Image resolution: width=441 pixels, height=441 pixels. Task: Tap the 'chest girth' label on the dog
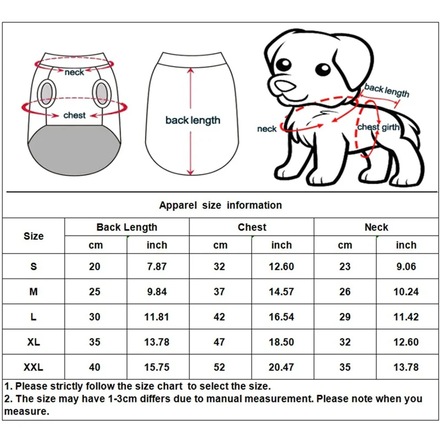tap(377, 127)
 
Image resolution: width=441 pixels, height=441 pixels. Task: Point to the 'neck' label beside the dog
tap(267, 129)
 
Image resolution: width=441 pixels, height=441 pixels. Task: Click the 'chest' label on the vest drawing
tap(74, 115)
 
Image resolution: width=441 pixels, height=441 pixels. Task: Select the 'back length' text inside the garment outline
tap(192, 120)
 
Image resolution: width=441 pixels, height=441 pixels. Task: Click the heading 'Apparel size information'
tap(220, 205)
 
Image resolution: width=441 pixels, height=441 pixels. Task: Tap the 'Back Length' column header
tap(127, 227)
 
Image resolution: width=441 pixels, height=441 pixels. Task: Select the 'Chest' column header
tap(252, 227)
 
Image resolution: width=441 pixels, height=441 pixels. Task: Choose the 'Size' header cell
tap(34, 236)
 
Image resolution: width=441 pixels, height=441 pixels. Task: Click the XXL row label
tap(34, 367)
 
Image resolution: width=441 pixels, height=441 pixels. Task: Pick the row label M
tap(34, 292)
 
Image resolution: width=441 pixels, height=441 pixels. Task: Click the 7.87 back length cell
tap(157, 267)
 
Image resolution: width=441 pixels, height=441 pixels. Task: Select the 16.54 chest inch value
tap(281, 317)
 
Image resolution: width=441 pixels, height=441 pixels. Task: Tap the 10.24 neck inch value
tap(406, 292)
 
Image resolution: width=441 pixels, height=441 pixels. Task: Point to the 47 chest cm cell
tap(219, 342)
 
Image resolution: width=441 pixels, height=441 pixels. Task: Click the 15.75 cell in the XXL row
tap(157, 367)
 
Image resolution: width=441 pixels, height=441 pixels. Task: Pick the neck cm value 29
tap(345, 317)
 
